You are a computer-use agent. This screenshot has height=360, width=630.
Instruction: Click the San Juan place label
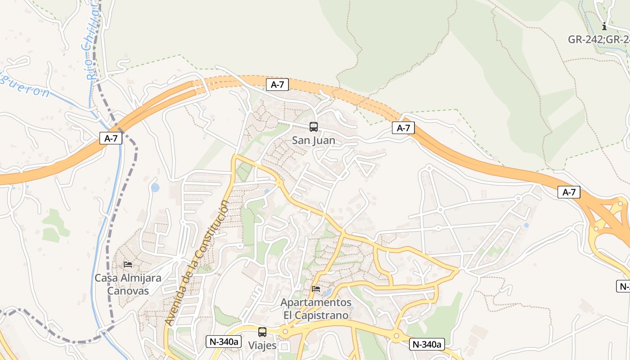point(314,140)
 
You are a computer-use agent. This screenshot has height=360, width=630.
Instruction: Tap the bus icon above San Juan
point(314,127)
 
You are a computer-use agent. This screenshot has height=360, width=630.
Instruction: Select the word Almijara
point(140,278)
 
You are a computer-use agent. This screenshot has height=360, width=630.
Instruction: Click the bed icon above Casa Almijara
point(128,264)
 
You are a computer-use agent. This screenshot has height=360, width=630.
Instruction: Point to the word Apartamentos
point(316,302)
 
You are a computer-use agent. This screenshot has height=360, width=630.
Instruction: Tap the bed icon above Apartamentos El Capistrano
point(316,289)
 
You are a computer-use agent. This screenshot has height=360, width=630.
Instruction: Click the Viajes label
point(262,346)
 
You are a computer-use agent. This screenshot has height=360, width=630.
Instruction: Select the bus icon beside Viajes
point(262,332)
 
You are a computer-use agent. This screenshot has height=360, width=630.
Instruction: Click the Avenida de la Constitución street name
point(197,263)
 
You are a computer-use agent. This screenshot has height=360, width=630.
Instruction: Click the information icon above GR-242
point(604,26)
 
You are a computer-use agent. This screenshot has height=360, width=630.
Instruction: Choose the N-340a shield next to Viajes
point(223,342)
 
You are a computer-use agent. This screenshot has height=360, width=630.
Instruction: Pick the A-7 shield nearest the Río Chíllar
point(111,138)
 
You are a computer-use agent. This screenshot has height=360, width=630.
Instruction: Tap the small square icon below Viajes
point(284,346)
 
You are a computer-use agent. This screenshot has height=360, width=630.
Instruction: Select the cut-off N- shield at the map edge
point(623,286)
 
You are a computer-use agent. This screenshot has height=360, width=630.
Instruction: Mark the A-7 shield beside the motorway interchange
point(569,193)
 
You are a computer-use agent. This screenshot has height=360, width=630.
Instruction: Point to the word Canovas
point(128,291)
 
